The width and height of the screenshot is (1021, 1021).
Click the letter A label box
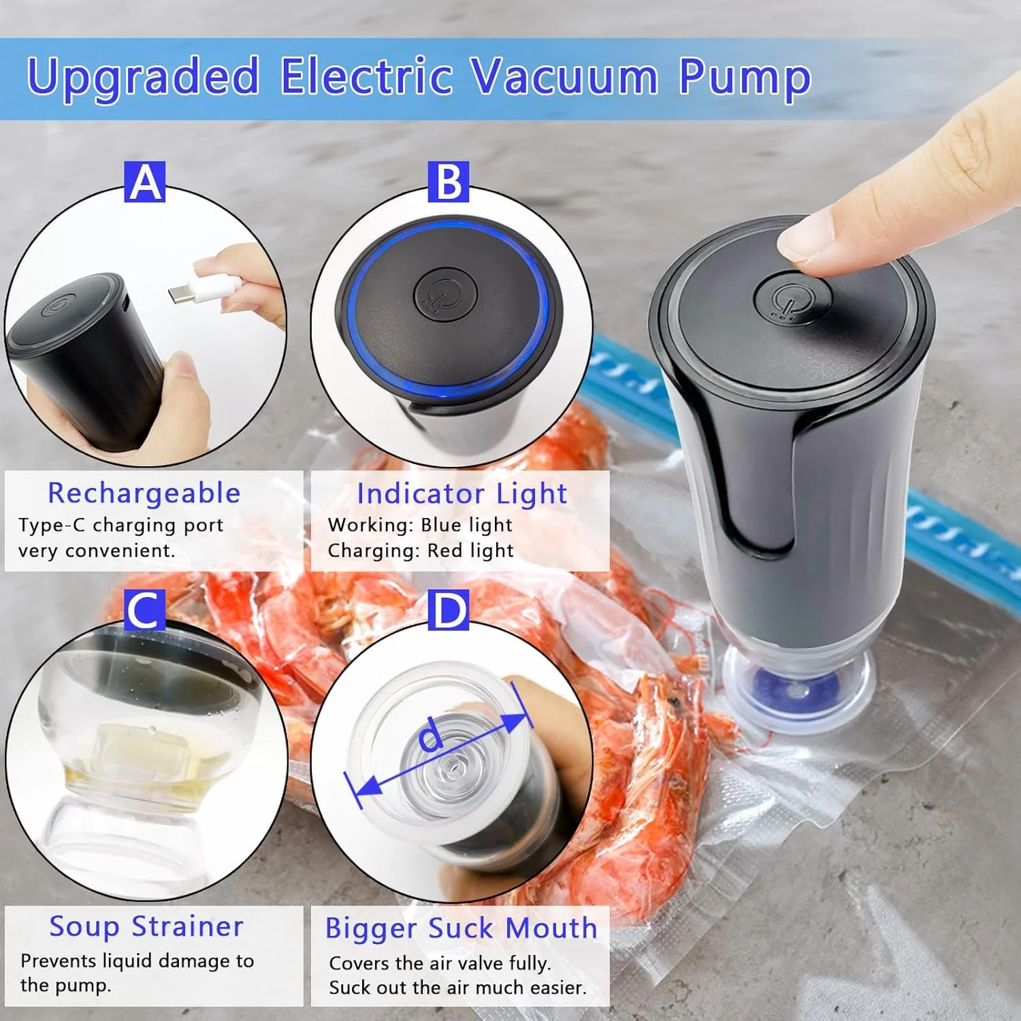[x=144, y=182]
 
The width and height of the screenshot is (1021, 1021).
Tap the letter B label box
[x=448, y=182]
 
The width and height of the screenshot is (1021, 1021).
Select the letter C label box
[x=144, y=610]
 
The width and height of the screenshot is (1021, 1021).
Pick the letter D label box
[x=448, y=610]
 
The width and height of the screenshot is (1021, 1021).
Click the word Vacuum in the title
[x=565, y=76]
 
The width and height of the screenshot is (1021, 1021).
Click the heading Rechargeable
[x=144, y=493]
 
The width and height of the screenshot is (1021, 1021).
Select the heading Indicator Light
[x=461, y=494]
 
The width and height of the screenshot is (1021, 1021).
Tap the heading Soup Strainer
[x=146, y=926]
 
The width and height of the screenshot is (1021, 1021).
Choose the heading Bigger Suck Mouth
[x=461, y=928]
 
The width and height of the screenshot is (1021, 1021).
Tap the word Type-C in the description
[x=52, y=525]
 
